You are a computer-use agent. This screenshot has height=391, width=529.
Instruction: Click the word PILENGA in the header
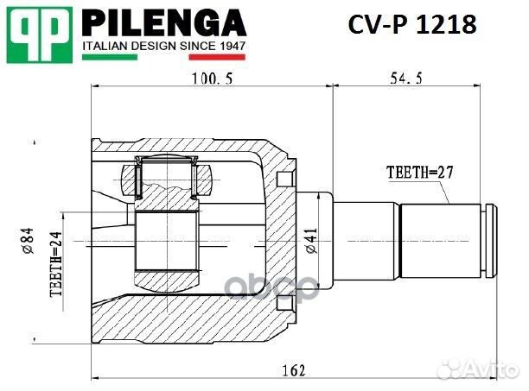[x=164, y=22]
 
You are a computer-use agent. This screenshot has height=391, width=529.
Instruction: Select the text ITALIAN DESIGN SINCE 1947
[x=164, y=43]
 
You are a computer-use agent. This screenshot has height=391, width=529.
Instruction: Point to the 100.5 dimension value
[x=211, y=78]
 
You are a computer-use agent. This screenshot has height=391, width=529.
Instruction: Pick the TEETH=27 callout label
[x=418, y=171]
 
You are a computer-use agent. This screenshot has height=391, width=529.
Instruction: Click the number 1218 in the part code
[x=446, y=25]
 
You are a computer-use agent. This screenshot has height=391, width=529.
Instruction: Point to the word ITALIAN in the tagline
[x=104, y=43]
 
